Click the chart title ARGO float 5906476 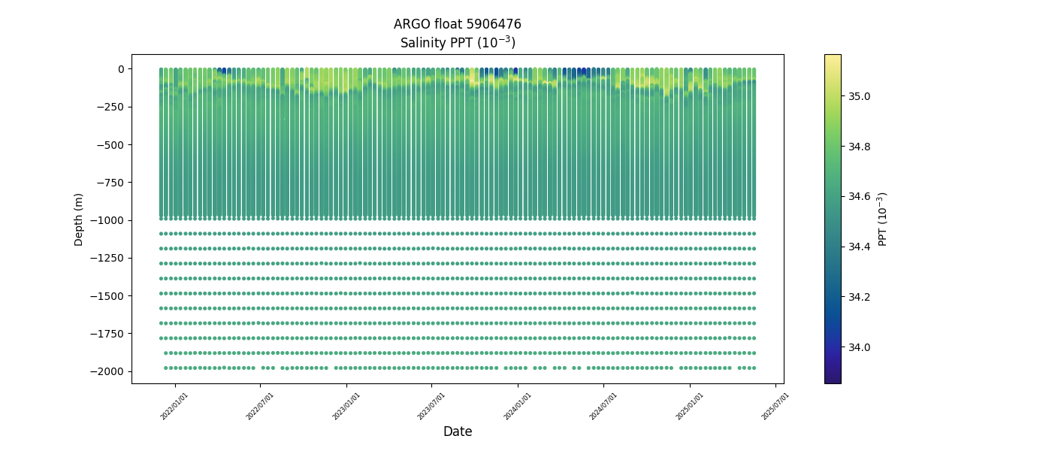tap(457, 24)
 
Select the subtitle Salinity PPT tap(457, 43)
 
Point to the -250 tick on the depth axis tap(110, 107)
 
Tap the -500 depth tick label tap(110, 144)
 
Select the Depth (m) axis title tap(79, 219)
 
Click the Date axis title tap(457, 431)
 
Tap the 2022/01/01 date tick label tap(174, 406)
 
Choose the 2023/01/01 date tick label tap(346, 406)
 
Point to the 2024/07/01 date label tap(603, 406)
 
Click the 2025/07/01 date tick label tap(775, 406)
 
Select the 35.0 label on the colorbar tap(860, 96)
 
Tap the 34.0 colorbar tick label tap(860, 347)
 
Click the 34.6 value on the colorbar tap(860, 197)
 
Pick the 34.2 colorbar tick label tap(860, 297)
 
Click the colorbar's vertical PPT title tap(883, 219)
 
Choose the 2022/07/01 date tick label tap(260, 406)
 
